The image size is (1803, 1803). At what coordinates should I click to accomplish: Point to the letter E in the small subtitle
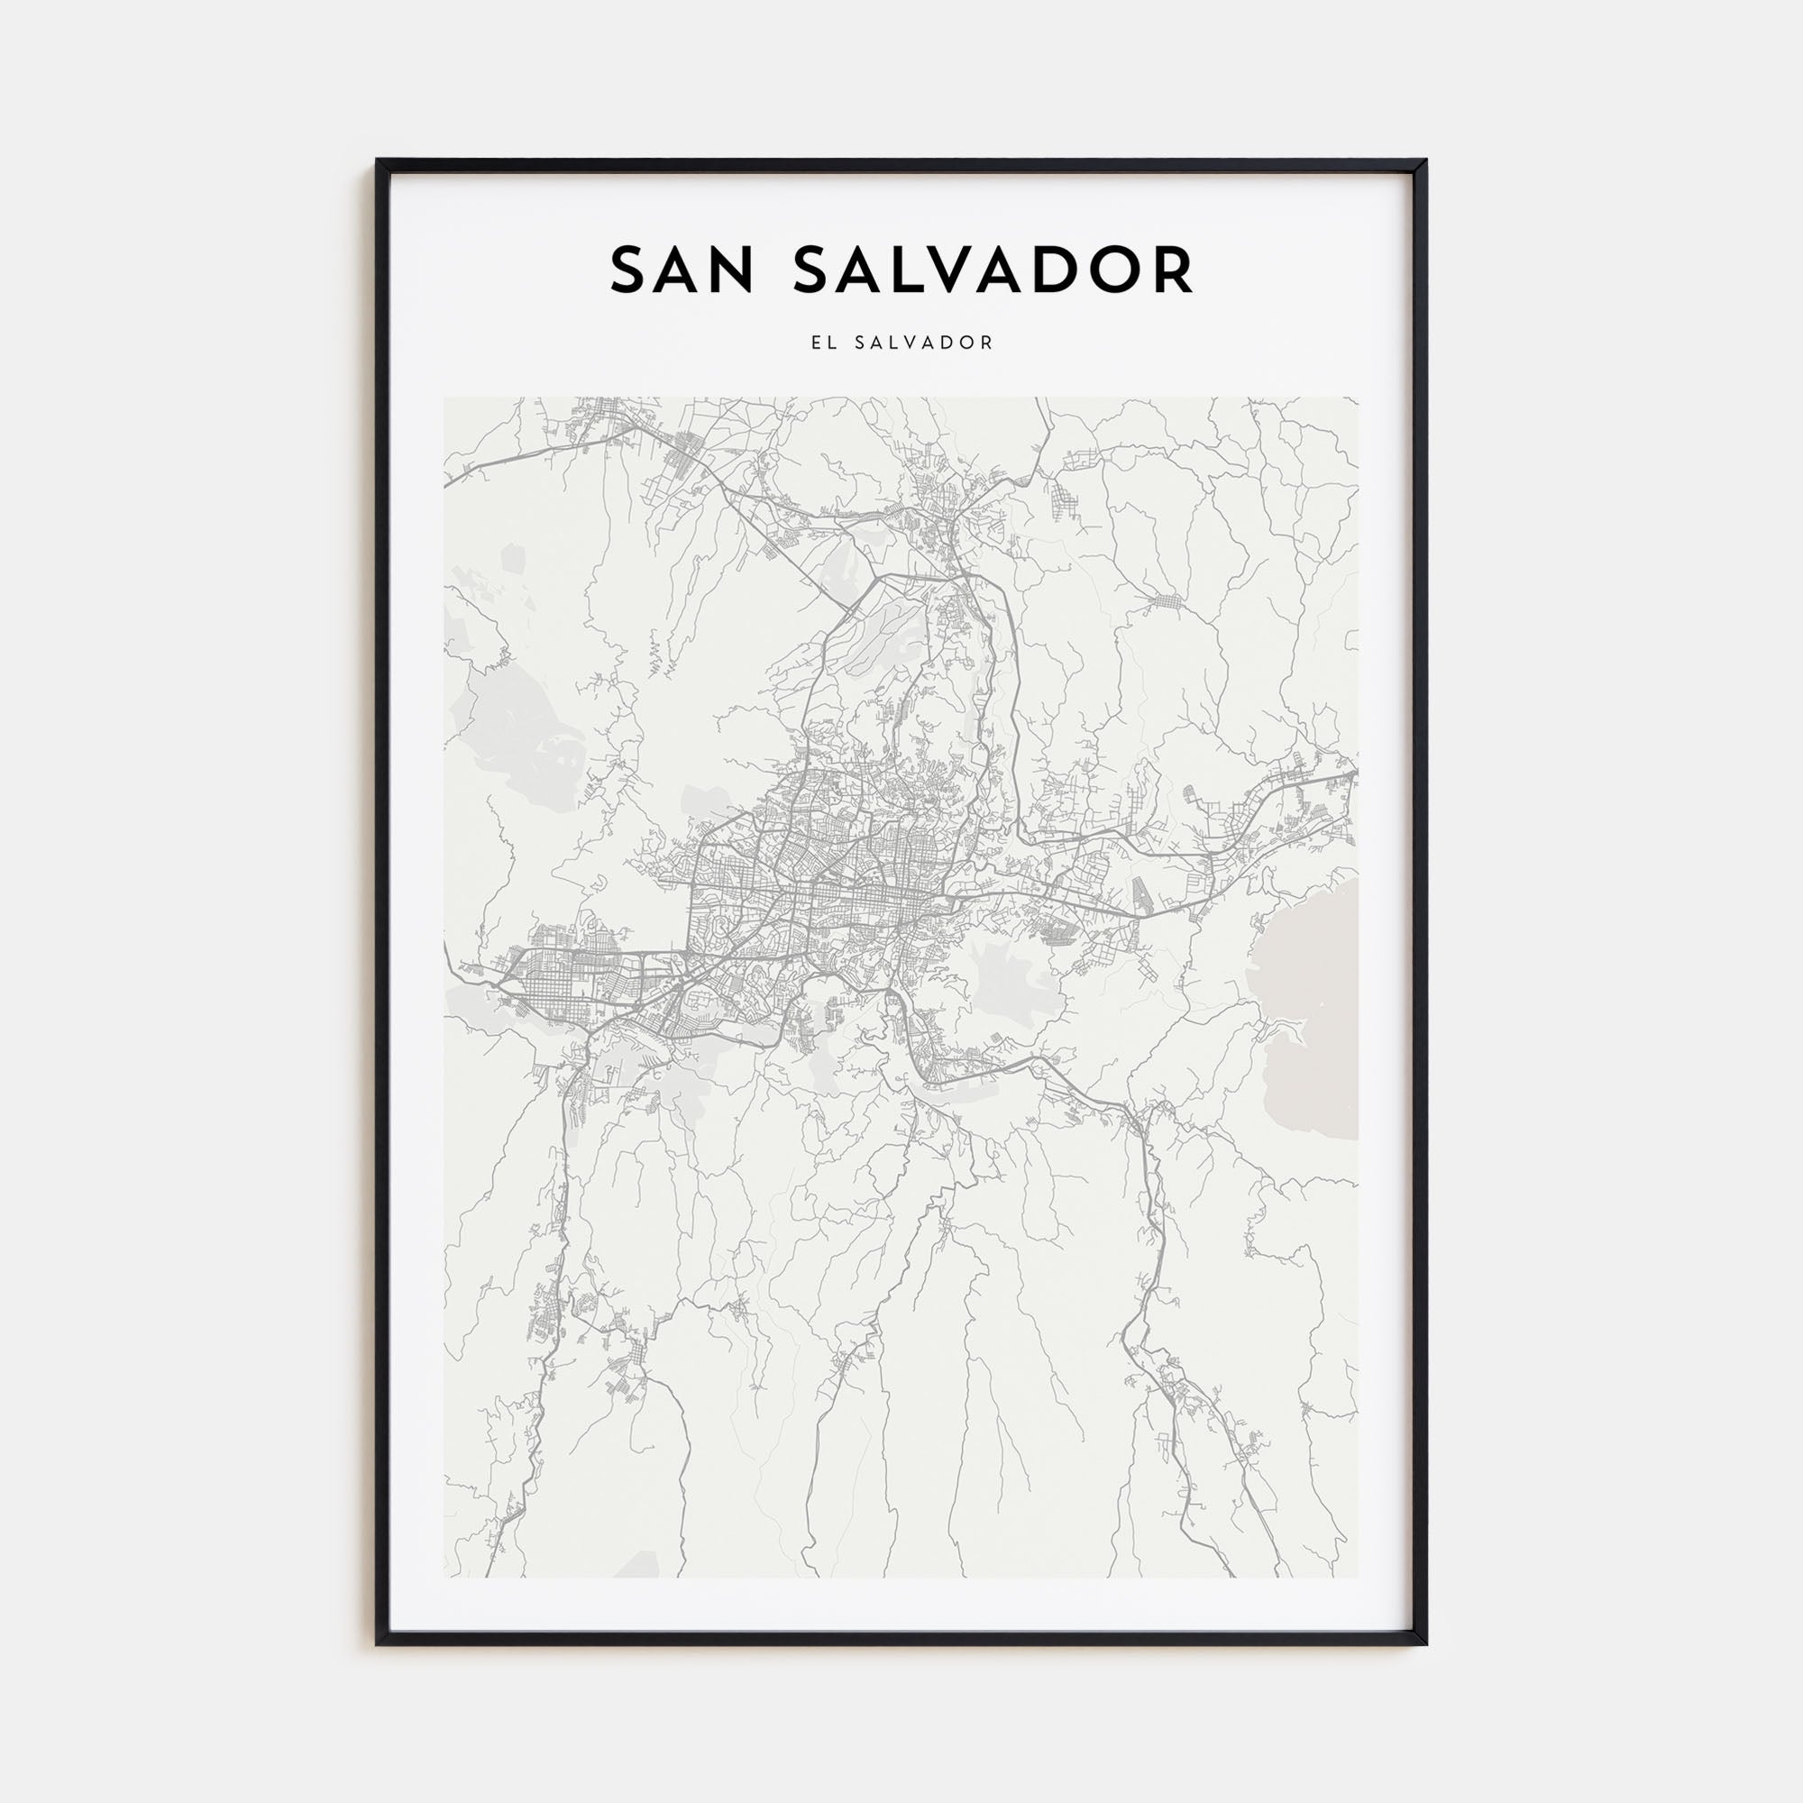coord(816,343)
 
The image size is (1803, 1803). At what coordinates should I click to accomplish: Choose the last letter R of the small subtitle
coord(988,343)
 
